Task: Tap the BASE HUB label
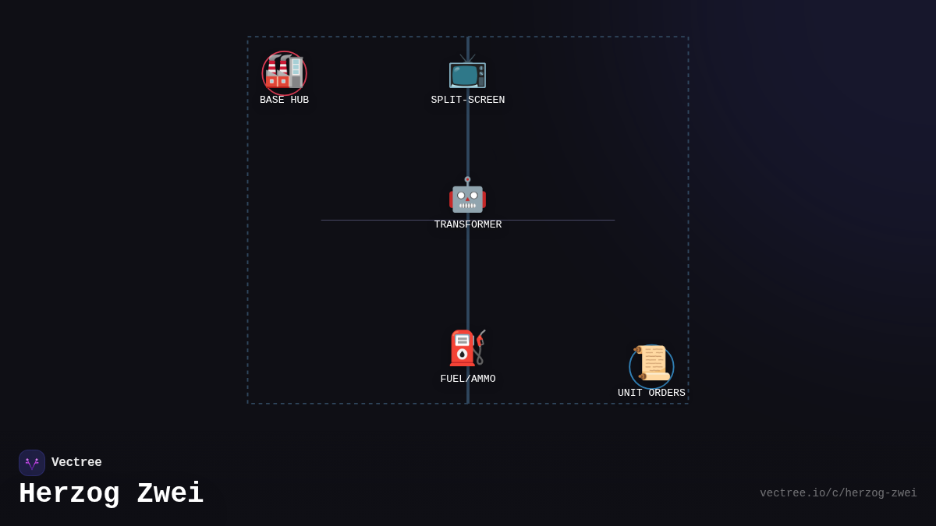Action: point(284,101)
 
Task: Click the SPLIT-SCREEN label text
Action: point(467,101)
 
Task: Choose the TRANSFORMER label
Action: point(467,225)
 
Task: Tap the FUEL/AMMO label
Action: point(467,379)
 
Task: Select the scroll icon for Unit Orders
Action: point(651,364)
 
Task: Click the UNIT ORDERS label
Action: point(651,394)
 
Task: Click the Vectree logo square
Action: point(32,463)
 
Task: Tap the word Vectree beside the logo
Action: point(76,463)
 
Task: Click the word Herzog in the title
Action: point(69,494)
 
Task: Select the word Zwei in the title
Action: point(170,494)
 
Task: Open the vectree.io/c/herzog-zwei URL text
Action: point(838,493)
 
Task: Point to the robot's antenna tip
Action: point(467,180)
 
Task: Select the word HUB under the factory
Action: point(300,101)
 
